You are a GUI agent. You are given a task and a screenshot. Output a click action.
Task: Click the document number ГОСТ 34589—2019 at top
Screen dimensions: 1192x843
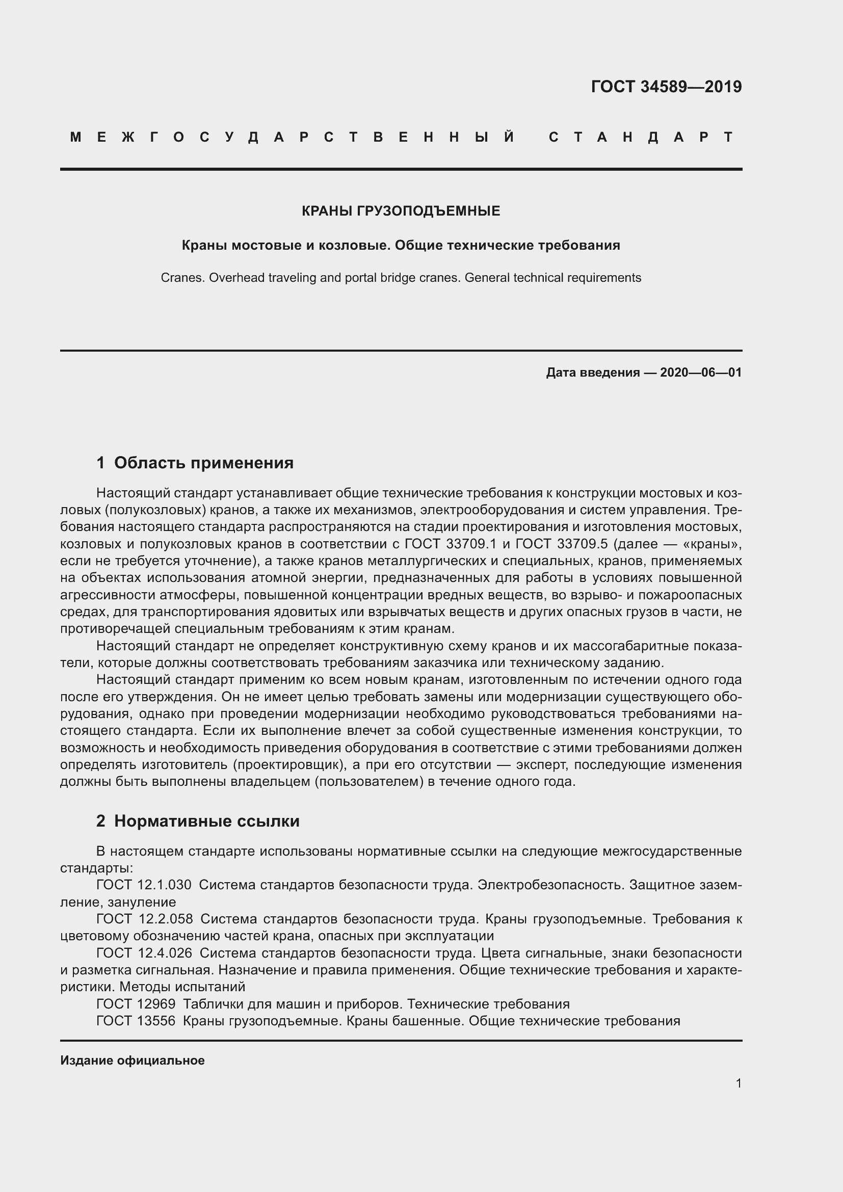(x=666, y=87)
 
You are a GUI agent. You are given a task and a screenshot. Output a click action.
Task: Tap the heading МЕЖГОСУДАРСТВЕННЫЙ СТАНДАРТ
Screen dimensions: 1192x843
(x=401, y=137)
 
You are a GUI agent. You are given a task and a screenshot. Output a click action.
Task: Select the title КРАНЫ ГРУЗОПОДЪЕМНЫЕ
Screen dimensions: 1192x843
(x=401, y=211)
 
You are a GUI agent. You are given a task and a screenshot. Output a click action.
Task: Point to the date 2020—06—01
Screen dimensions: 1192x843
(x=701, y=372)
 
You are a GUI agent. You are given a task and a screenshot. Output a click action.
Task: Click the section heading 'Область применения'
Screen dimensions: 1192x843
(x=203, y=463)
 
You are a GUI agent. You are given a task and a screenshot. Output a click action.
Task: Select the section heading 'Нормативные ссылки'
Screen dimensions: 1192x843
(x=206, y=821)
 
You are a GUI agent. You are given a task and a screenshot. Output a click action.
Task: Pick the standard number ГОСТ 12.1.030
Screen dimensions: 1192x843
(x=144, y=885)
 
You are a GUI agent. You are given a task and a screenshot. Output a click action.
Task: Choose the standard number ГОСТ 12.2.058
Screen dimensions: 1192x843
(x=144, y=919)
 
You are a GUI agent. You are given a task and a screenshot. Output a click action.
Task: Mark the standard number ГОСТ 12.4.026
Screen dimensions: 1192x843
(x=144, y=953)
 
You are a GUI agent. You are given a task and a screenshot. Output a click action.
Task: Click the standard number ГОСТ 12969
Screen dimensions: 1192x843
(x=136, y=1004)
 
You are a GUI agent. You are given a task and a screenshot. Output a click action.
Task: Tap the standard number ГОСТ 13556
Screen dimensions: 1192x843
(x=136, y=1021)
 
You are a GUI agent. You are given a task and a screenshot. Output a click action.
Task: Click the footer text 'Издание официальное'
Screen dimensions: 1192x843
(x=133, y=1061)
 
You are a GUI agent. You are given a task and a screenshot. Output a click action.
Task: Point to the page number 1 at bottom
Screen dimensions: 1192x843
(x=739, y=1083)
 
